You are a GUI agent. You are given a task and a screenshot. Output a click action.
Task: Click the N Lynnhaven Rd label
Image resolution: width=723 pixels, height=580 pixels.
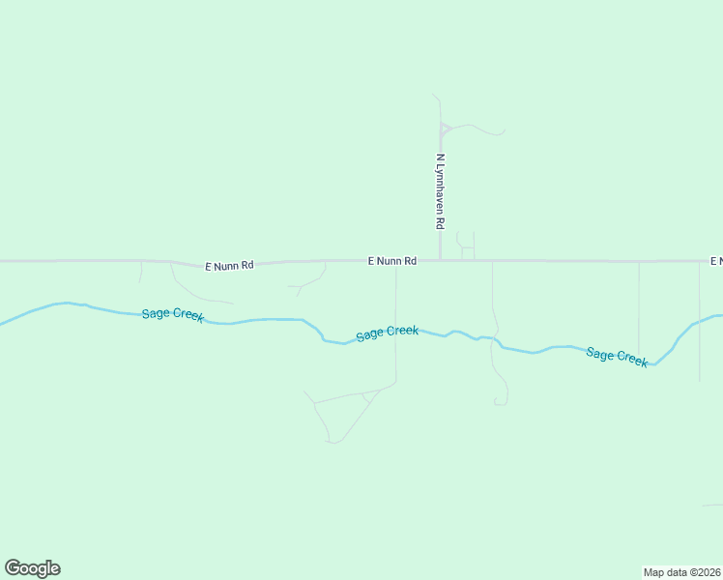tap(440, 190)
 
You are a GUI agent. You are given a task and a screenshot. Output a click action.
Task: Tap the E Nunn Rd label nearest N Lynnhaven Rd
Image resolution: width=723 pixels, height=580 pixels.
tap(392, 261)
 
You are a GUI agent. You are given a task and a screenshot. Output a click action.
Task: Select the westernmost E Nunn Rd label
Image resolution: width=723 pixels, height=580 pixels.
tap(229, 264)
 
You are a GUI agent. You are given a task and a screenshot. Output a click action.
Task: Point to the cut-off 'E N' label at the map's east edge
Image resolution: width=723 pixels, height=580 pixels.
tap(716, 261)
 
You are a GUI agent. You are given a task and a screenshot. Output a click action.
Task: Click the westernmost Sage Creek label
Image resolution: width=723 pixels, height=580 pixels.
tap(173, 314)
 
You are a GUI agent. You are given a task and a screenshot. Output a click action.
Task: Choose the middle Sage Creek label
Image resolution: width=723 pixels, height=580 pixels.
tap(387, 333)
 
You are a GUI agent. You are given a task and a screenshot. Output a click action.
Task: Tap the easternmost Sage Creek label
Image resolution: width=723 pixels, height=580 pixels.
tap(617, 356)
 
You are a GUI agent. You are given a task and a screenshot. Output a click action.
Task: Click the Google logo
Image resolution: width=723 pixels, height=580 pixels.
tap(32, 568)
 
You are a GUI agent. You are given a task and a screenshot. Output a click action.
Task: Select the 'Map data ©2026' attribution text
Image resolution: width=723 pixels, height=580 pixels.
tap(681, 572)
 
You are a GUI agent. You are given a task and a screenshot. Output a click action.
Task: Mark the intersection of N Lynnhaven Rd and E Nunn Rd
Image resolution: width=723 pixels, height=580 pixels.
tap(441, 260)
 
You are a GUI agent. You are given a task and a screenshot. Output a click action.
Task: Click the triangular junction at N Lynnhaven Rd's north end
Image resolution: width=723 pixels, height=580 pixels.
tap(444, 129)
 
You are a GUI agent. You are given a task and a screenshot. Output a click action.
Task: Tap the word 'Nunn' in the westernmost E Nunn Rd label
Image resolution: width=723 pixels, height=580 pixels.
tap(228, 264)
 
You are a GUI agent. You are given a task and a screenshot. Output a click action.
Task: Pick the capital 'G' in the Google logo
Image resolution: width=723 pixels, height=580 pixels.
tap(12, 568)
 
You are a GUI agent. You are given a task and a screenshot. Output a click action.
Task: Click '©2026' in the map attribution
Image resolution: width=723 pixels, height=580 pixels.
tap(704, 572)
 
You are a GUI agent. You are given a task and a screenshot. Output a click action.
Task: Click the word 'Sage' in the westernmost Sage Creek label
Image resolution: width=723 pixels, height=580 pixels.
tap(156, 312)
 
